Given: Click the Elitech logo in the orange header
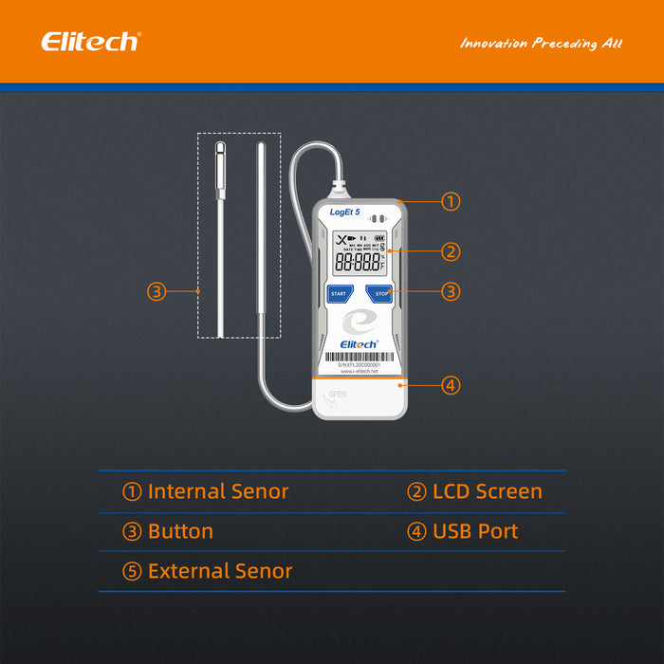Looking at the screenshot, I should (90, 42).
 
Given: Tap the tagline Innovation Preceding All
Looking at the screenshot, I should (541, 44).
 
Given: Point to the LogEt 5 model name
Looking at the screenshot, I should (344, 213).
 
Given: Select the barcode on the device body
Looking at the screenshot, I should (359, 358).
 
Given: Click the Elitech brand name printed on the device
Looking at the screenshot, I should (359, 344).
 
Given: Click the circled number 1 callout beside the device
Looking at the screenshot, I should (452, 201).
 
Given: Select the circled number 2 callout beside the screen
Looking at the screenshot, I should (452, 251).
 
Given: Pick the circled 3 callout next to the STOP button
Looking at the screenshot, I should (452, 292).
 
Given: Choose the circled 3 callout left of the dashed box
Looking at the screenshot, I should (157, 292).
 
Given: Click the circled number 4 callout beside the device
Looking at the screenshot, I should (452, 385).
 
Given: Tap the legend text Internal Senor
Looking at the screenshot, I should (217, 491).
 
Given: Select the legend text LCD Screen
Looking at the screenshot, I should (487, 491).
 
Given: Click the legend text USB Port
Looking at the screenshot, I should (475, 531).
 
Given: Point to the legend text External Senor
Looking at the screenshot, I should (219, 571).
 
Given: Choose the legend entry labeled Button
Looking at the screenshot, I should (180, 531).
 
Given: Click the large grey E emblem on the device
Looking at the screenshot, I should (359, 321).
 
